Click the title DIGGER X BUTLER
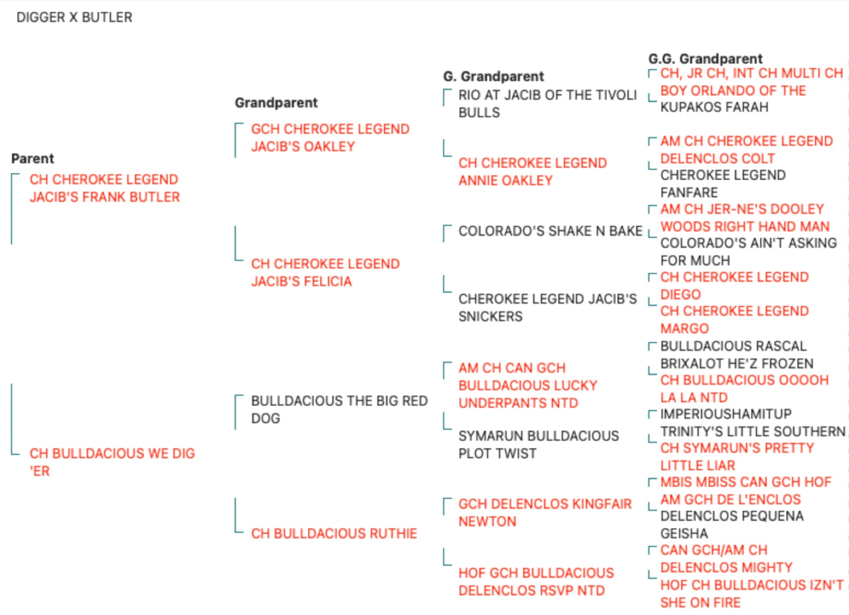pos(75,18)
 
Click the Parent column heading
pos(33,158)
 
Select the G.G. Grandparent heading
pos(705,59)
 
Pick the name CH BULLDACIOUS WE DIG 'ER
pos(112,462)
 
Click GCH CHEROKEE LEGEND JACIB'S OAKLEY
pos(330,138)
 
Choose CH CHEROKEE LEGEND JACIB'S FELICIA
pos(325,272)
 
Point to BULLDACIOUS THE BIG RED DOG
pos(339,409)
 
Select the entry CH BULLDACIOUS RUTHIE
pos(334,533)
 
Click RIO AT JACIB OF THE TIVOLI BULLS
pos(547,104)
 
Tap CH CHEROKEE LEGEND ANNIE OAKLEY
pos(533,172)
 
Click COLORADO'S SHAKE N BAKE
pos(550,230)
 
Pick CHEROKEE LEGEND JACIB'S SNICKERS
pos(548,307)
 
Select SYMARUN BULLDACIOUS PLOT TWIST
pos(539,445)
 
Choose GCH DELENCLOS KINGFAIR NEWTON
pos(545,513)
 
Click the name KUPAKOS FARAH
pos(715,107)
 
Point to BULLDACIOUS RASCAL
pos(733,346)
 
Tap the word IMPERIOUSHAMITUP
pos(726,414)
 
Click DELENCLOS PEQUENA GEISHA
pos(732,524)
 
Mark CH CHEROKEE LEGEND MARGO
pos(735,320)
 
